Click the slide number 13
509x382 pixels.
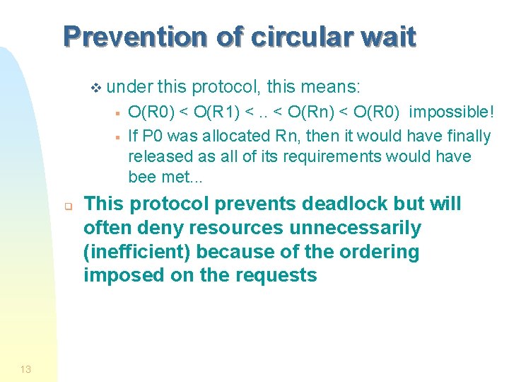(25, 369)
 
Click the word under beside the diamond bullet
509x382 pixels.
(130, 87)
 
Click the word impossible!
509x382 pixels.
(452, 113)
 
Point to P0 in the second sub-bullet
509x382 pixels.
(151, 136)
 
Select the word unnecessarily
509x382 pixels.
(339, 228)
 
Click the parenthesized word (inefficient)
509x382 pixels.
(138, 252)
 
